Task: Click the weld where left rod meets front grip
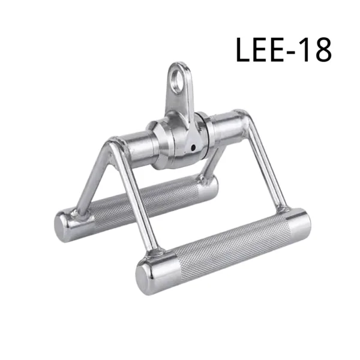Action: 154,246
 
